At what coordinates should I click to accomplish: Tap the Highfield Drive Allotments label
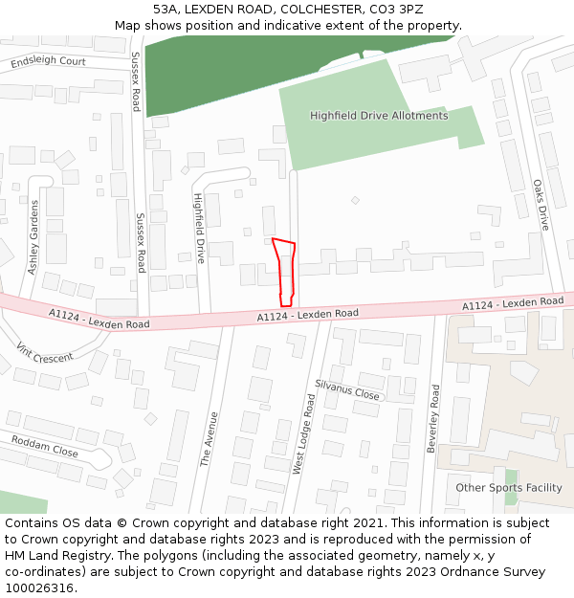pos(379,116)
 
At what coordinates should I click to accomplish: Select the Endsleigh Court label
pos(48,62)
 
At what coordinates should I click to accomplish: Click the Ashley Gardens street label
pos(34,237)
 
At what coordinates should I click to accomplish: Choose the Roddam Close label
pos(45,445)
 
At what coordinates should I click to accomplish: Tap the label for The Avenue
pos(209,439)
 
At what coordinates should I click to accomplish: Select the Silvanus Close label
pos(347,388)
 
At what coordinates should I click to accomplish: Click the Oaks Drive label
pos(541,205)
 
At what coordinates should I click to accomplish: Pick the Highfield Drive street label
pos(200,229)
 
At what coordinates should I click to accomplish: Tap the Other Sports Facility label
pos(509,488)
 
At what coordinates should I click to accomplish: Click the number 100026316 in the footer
pos(39,588)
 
